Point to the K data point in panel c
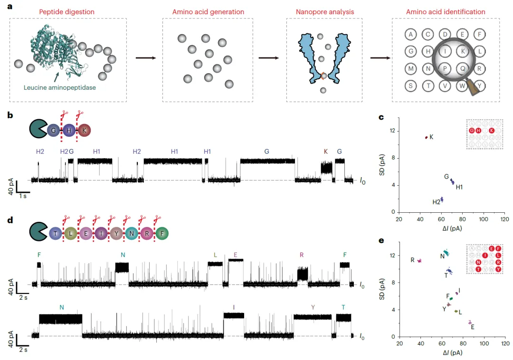[426, 137]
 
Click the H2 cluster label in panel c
[437, 202]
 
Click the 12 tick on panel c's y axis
[392, 131]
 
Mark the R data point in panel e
[419, 261]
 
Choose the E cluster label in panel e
[473, 327]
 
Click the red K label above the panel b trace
[326, 152]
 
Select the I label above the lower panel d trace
[234, 307]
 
